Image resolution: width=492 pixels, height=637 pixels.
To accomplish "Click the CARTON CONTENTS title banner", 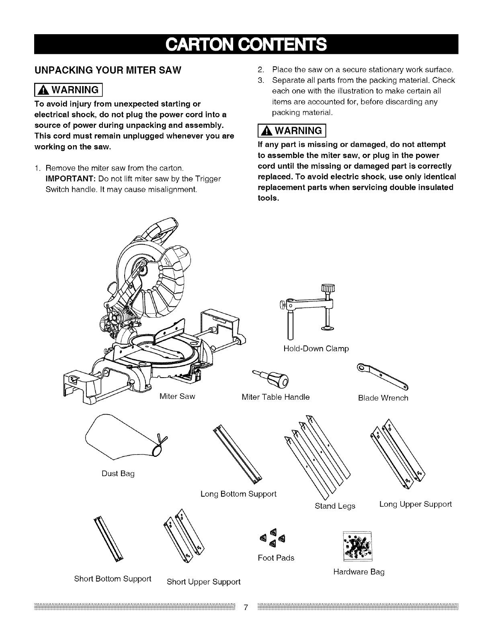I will (x=246, y=44).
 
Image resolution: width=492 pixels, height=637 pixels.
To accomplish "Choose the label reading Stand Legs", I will (x=335, y=506).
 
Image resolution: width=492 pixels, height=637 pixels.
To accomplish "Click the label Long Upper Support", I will (x=415, y=504).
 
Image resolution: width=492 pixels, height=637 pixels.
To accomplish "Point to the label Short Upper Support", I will (x=203, y=582).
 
